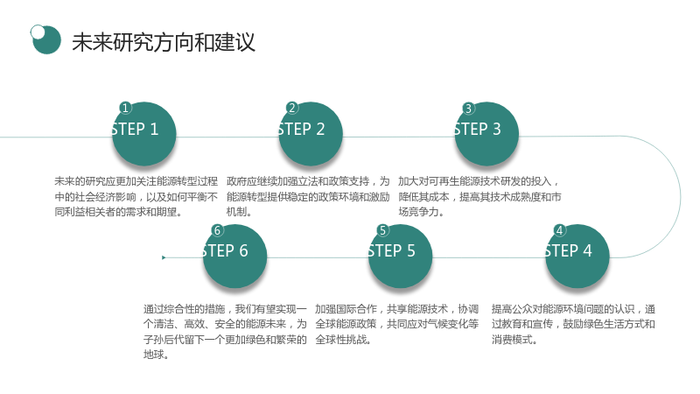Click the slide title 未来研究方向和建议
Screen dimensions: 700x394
[164, 42]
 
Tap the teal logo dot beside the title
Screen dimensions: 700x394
[46, 39]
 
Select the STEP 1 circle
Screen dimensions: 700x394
[143, 134]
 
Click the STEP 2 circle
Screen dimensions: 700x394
[311, 134]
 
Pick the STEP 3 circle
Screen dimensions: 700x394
[486, 134]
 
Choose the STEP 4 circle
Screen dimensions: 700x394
[577, 256]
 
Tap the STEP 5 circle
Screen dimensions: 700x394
[401, 256]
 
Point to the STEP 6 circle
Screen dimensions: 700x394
[234, 256]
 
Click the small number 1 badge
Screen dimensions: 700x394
[125, 108]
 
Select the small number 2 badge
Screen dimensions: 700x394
[292, 108]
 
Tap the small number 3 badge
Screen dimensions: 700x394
[468, 108]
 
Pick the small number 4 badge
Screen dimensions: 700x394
[559, 230]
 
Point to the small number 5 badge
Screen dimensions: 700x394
[382, 230]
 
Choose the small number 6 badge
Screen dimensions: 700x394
[217, 230]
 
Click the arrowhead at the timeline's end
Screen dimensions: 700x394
[164, 257]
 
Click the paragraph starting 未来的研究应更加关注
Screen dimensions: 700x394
[136, 196]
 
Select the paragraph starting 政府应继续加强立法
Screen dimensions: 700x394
[308, 196]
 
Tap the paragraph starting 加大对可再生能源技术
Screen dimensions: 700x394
[479, 196]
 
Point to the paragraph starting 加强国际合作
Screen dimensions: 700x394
[397, 324]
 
